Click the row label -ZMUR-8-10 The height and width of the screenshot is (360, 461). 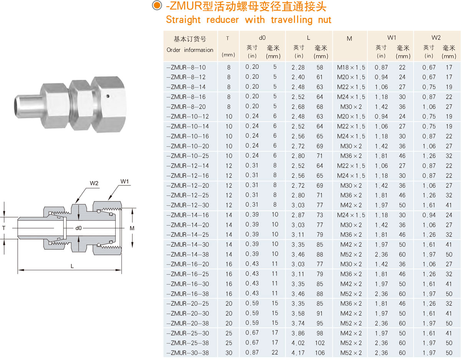(186, 68)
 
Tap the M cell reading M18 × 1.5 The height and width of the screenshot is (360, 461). (351, 68)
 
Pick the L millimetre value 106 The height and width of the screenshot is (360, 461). (320, 353)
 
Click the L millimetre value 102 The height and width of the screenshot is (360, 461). (320, 343)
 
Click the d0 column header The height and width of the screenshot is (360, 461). (262, 38)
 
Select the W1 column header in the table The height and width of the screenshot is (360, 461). (391, 38)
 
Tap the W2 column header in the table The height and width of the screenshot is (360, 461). (436, 38)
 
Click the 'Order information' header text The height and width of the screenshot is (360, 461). (190, 50)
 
